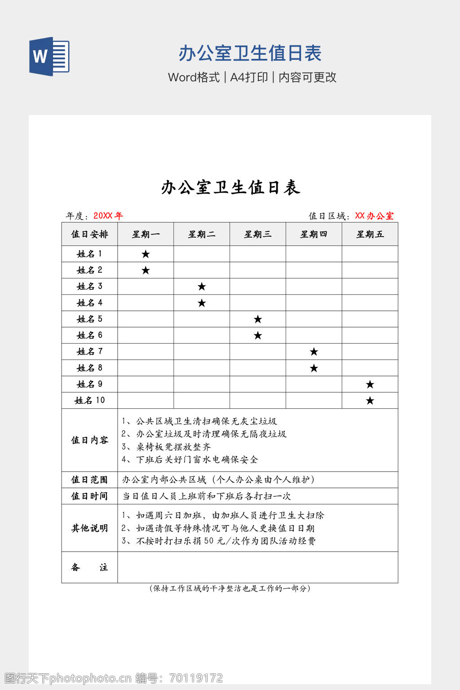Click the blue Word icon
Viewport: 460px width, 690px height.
pyautogui.click(x=49, y=56)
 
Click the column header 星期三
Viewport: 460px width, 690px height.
pyautogui.click(x=257, y=234)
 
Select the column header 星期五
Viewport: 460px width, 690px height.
pyautogui.click(x=370, y=234)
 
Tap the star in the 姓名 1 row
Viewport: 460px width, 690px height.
pyautogui.click(x=146, y=254)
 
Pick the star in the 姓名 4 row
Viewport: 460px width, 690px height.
pyautogui.click(x=202, y=303)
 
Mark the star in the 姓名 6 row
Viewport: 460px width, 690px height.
pyautogui.click(x=258, y=336)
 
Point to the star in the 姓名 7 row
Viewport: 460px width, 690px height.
pyautogui.click(x=314, y=352)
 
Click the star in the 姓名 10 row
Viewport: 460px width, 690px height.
pyautogui.click(x=370, y=401)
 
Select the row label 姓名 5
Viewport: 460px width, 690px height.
pyautogui.click(x=89, y=319)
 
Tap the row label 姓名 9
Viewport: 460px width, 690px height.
pyautogui.click(x=89, y=384)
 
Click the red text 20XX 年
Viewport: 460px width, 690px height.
pyautogui.click(x=108, y=216)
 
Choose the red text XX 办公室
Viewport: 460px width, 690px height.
pyautogui.click(x=374, y=216)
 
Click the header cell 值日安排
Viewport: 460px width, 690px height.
pyautogui.click(x=89, y=234)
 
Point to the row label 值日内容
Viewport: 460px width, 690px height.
pyautogui.click(x=89, y=440)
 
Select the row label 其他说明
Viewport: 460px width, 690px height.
pyautogui.click(x=89, y=528)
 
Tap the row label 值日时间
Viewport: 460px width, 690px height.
pyautogui.click(x=89, y=496)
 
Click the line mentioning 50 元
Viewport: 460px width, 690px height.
pyautogui.click(x=219, y=541)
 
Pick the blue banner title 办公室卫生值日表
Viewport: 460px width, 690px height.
pyautogui.click(x=250, y=53)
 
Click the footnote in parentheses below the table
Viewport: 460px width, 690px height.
pyautogui.click(x=230, y=588)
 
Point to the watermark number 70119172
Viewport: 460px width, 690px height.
pyautogui.click(x=196, y=678)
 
